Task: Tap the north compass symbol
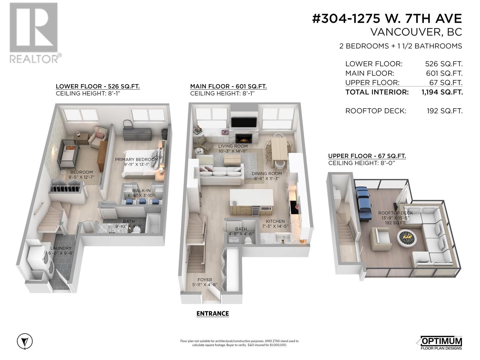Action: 25,341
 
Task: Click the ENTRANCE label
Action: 213,313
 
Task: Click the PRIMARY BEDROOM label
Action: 136,159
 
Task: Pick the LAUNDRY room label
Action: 61,248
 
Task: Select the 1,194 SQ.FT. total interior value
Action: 442,92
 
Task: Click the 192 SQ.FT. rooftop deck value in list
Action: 445,111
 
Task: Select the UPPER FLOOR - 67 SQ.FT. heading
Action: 367,156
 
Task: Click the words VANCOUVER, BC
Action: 416,32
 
